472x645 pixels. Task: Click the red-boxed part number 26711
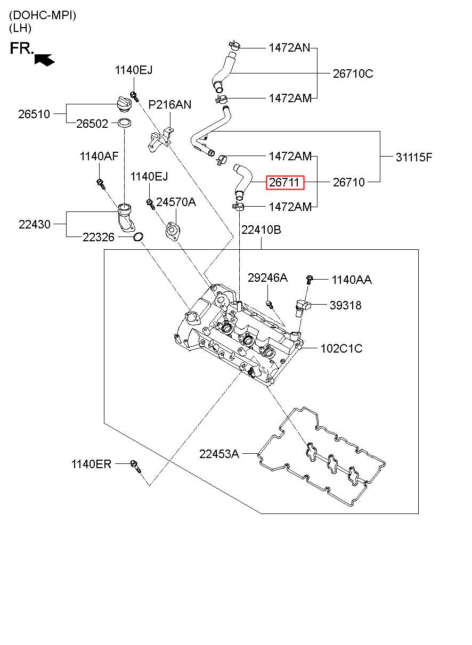coord(285,182)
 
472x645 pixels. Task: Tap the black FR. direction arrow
coord(45,60)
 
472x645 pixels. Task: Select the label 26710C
coord(353,74)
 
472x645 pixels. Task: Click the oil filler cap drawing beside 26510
coord(125,104)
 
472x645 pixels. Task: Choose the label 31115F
coord(414,157)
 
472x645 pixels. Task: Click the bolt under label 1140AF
coord(101,184)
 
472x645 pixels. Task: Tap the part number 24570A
coord(176,202)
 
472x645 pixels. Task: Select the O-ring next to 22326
coord(139,237)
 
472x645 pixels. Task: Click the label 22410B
coord(261,230)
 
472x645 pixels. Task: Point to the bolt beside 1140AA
coord(310,279)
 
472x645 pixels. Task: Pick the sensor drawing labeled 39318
coord(302,307)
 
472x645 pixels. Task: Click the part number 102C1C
coord(341,348)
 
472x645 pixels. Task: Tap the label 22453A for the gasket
coord(219,454)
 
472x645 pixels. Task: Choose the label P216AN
coord(169,104)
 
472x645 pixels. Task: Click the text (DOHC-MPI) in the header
coord(43,15)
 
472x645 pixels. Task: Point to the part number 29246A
coord(267,277)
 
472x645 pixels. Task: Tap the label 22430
coord(35,224)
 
